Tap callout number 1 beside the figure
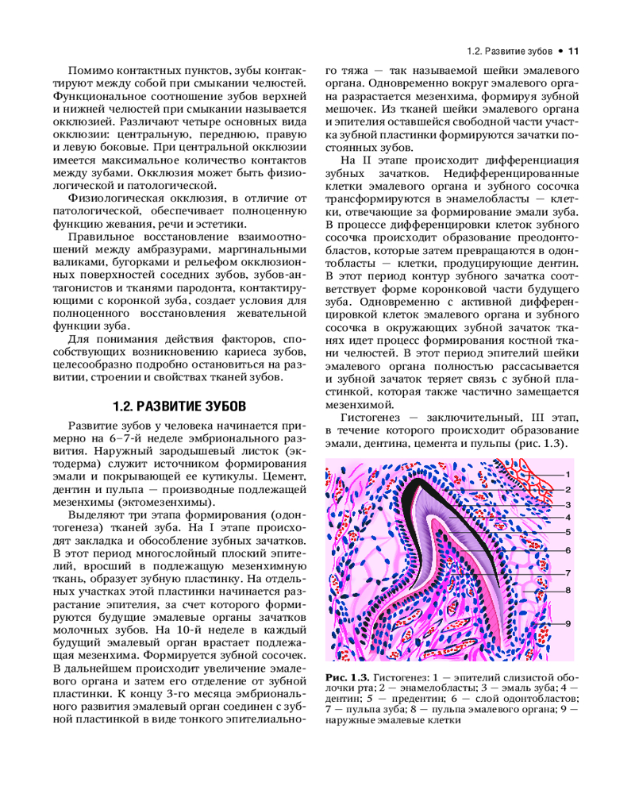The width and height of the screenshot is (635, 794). tap(568, 475)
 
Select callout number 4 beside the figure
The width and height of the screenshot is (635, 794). tap(568, 517)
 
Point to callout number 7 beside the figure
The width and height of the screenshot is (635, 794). tap(568, 572)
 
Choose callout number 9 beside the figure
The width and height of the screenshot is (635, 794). tap(568, 623)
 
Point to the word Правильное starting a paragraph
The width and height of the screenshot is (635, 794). tap(99, 237)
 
